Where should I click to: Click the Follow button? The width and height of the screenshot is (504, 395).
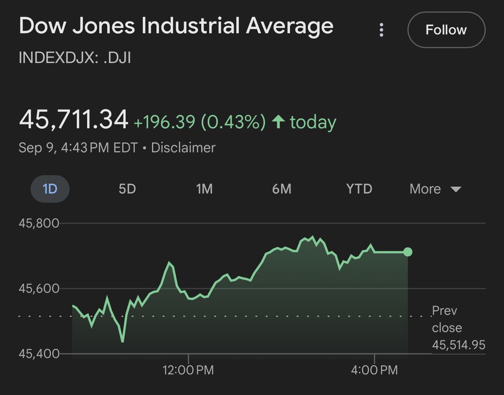pos(446,30)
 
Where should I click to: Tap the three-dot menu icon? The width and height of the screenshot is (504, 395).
pos(381,30)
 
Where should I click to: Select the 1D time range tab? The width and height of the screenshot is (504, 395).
pos(50,189)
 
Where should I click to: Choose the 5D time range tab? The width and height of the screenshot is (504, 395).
pos(127,189)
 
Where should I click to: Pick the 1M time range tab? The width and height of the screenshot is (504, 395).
pos(204,189)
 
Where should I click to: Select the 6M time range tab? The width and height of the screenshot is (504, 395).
pos(282,189)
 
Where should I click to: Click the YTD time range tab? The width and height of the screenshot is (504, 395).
pos(359,189)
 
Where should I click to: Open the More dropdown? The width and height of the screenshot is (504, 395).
pos(435,189)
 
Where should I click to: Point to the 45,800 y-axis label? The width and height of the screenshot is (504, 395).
pos(39,223)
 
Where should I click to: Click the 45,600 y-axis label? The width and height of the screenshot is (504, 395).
pos(39,289)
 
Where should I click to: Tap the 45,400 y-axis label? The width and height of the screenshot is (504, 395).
pos(39,354)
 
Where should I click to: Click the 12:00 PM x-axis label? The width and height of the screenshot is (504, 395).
pos(189,370)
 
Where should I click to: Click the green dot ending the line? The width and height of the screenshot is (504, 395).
pos(408,252)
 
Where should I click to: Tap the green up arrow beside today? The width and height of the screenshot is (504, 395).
pos(279,122)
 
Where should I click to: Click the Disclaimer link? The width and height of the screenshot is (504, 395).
pos(183,148)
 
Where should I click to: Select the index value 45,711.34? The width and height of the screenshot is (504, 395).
pos(73,120)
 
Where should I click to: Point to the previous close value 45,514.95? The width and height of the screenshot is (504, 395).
pos(459,345)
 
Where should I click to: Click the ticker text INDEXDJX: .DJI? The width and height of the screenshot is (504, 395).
pos(75,58)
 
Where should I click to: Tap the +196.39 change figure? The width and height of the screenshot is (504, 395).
pos(164,122)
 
